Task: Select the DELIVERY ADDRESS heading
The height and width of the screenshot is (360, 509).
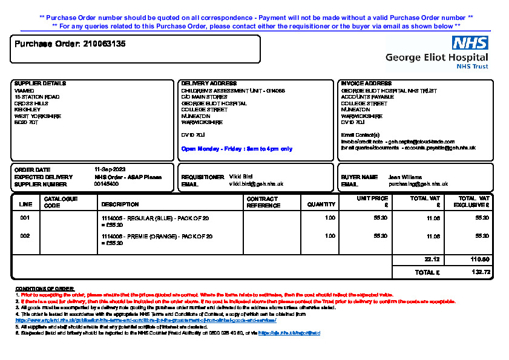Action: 209,83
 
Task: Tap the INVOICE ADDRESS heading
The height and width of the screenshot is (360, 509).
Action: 366,83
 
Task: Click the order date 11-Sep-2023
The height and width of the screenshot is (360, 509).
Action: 110,169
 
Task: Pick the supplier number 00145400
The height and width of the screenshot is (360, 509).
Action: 107,184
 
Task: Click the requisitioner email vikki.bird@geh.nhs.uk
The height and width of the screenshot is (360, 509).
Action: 256,183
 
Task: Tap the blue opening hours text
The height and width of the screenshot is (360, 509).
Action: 237,149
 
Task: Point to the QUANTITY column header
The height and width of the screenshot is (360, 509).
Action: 321,205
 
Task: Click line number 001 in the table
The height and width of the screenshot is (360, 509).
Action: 25,217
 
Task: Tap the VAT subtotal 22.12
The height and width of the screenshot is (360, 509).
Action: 432,259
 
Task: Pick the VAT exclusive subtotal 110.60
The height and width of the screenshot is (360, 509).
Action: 480,259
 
